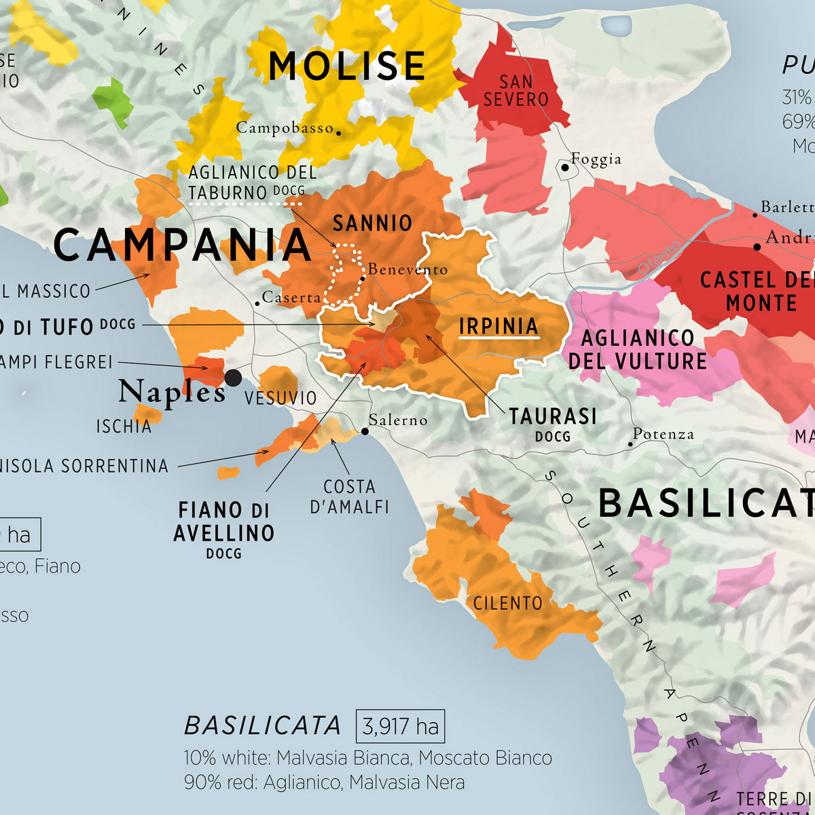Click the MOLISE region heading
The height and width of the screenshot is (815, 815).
[346, 66]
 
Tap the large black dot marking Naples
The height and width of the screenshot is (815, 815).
[233, 378]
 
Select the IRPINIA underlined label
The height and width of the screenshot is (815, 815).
[499, 326]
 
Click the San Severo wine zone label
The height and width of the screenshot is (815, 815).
[516, 91]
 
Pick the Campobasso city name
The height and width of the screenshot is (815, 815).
[285, 128]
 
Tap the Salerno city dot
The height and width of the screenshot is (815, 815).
[365, 431]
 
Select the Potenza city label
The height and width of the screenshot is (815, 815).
[663, 434]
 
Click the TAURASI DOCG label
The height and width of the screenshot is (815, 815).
[553, 423]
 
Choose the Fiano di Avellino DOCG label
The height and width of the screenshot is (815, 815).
[223, 530]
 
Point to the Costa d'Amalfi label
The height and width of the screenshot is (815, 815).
[349, 496]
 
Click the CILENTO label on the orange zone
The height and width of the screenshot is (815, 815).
[507, 602]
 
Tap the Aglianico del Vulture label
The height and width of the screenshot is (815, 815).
[637, 349]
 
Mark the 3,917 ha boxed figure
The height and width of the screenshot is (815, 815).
[400, 727]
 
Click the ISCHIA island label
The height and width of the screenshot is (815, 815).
[124, 427]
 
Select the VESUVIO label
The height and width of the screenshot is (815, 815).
[280, 398]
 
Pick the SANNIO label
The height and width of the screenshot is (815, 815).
[372, 222]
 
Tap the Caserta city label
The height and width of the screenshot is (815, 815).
[291, 297]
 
